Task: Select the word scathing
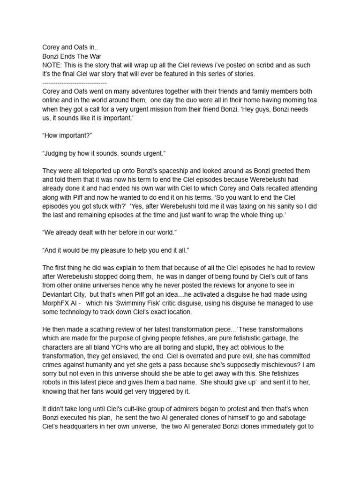coord(103,330)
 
